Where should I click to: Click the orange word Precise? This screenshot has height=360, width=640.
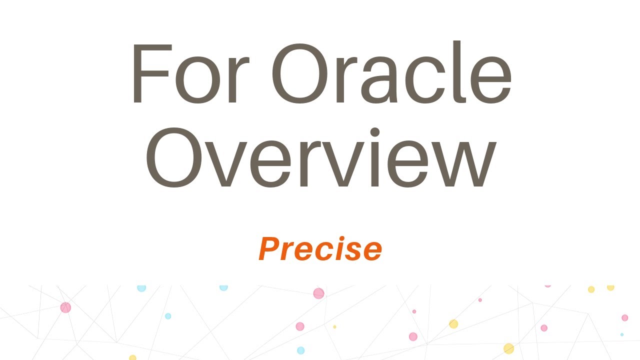(320, 249)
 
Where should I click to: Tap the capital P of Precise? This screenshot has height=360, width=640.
(268, 249)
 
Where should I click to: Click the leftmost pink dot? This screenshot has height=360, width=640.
(65, 307)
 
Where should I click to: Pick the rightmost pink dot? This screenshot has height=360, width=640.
(624, 317)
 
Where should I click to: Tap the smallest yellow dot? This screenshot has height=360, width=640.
(334, 327)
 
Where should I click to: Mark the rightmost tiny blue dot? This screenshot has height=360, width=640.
(622, 334)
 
